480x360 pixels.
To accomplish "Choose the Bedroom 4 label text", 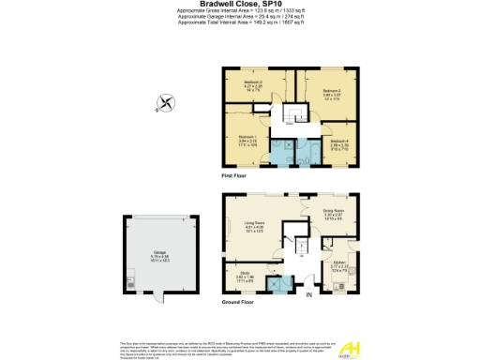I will point(340,140).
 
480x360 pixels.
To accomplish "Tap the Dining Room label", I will point(334,212).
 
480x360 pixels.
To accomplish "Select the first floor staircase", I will point(293,112).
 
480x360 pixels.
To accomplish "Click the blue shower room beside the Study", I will point(277,284).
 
